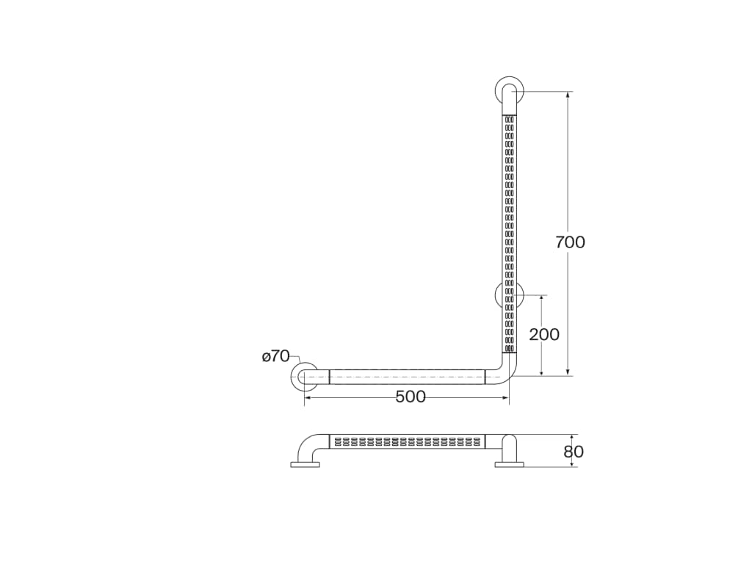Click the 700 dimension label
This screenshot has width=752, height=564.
point(570,242)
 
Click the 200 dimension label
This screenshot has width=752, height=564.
point(544,334)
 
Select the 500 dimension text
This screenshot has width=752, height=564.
point(411,397)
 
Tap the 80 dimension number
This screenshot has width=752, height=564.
point(574,452)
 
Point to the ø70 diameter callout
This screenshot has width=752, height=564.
point(276,356)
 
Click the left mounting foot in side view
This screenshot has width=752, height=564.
point(305,464)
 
